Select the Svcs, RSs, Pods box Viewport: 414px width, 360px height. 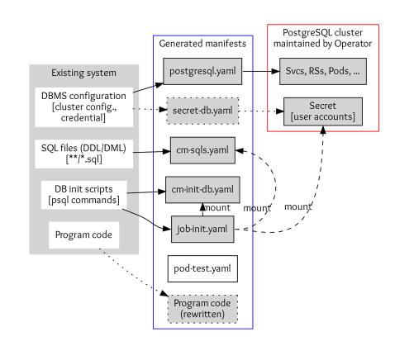tap(321, 71)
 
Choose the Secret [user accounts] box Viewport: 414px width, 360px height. tap(321, 111)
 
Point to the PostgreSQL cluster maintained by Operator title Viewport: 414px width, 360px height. tap(321, 36)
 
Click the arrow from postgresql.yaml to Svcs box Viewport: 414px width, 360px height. tap(257, 71)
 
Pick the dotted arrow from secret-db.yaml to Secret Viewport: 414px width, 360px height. tap(260, 110)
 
